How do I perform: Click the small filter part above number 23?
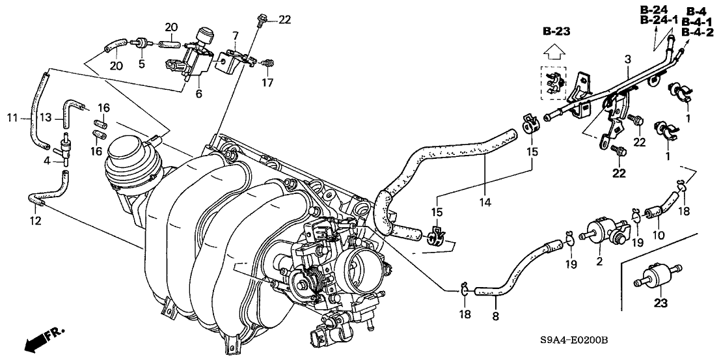point(657,277)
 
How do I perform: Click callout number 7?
point(235,34)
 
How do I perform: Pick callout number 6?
point(198,94)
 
